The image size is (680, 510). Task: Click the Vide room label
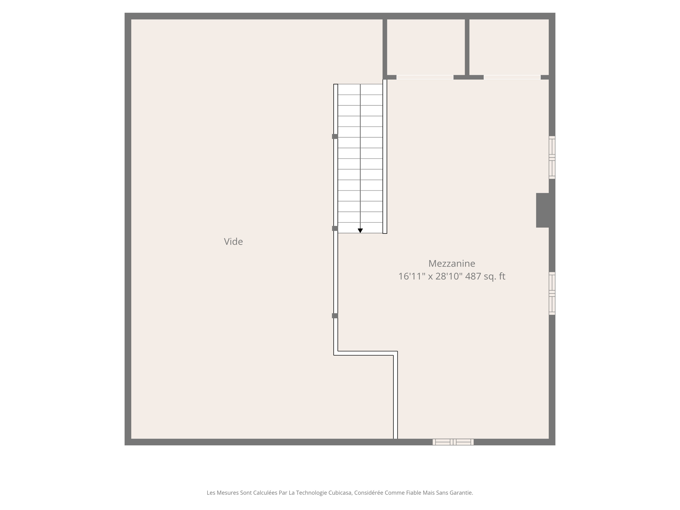(x=233, y=242)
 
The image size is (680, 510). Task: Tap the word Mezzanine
(x=452, y=264)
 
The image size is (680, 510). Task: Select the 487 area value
(x=473, y=276)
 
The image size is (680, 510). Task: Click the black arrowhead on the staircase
(x=360, y=230)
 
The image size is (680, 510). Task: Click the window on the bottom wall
(x=453, y=442)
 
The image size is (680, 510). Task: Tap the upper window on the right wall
(x=552, y=157)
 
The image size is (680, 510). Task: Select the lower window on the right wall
(x=552, y=294)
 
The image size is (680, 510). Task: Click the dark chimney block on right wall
(x=543, y=210)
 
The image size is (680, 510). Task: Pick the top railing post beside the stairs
(x=335, y=136)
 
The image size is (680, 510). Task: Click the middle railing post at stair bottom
(x=335, y=228)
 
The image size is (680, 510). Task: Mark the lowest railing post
(x=335, y=316)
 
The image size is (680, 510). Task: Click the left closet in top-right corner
(x=426, y=46)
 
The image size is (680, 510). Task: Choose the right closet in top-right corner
(x=509, y=46)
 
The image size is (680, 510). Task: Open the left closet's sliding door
(x=425, y=77)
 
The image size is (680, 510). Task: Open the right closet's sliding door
(x=512, y=77)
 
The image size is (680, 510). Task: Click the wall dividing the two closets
(x=467, y=46)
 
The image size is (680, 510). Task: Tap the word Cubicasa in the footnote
(x=340, y=493)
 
